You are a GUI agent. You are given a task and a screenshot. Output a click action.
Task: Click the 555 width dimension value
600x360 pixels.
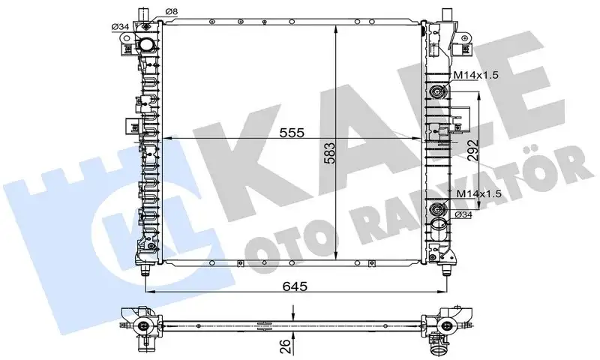point(292,133)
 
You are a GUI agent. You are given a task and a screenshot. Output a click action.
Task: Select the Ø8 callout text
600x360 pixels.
point(171,10)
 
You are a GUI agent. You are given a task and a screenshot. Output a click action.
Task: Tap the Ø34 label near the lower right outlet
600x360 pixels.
point(463,216)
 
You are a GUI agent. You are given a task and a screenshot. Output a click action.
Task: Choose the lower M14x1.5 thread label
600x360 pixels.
point(475,194)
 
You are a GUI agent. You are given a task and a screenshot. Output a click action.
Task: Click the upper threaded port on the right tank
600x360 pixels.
point(436,94)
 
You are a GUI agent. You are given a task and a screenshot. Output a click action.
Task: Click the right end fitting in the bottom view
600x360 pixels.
point(448,324)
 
